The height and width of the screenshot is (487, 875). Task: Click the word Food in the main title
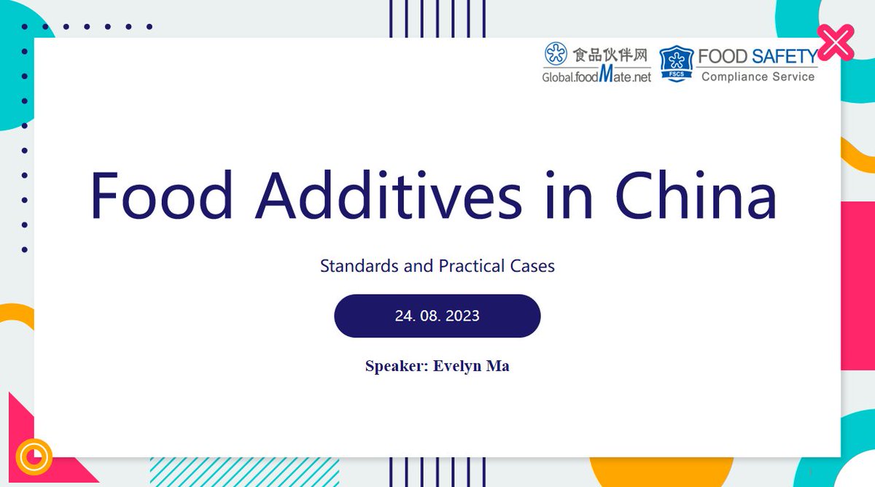tap(161, 195)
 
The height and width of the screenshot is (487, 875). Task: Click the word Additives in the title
tap(388, 195)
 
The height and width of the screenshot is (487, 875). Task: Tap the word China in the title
tap(695, 195)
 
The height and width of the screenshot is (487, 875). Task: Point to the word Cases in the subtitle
tap(532, 266)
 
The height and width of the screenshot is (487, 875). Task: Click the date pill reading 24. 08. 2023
tap(437, 316)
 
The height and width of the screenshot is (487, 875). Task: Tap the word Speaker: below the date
tap(397, 366)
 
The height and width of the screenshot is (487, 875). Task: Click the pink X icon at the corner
tap(835, 42)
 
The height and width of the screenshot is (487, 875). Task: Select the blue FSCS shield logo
tap(676, 63)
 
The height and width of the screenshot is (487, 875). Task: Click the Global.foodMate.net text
tap(596, 76)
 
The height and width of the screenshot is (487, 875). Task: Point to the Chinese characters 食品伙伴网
tap(610, 55)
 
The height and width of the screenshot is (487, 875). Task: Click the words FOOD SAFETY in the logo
tap(757, 56)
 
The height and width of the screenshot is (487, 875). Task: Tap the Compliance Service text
tap(758, 77)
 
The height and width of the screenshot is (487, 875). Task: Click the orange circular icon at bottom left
tap(34, 457)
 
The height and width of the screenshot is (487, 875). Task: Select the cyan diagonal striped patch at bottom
tap(244, 472)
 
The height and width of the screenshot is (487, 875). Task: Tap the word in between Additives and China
tap(569, 195)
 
